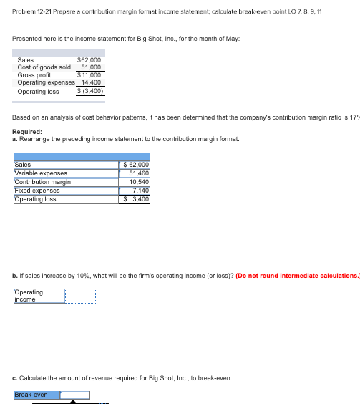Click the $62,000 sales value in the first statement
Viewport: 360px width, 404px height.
tap(89, 60)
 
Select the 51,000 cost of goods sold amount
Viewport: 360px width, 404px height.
tap(91, 67)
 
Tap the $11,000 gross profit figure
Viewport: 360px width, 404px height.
tap(89, 74)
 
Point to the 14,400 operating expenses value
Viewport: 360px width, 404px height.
tap(90, 82)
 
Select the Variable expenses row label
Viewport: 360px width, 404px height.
tap(41, 173)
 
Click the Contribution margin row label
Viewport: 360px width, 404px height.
tap(43, 181)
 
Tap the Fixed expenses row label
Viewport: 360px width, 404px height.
tap(37, 191)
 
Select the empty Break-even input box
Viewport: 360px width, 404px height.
tap(75, 395)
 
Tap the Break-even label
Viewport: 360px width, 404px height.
tap(31, 395)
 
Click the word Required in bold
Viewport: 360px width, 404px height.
tap(27, 132)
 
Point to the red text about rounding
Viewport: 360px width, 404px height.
tap(298, 276)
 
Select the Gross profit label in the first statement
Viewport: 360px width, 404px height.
tap(34, 74)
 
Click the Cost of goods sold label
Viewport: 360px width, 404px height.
tap(44, 67)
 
